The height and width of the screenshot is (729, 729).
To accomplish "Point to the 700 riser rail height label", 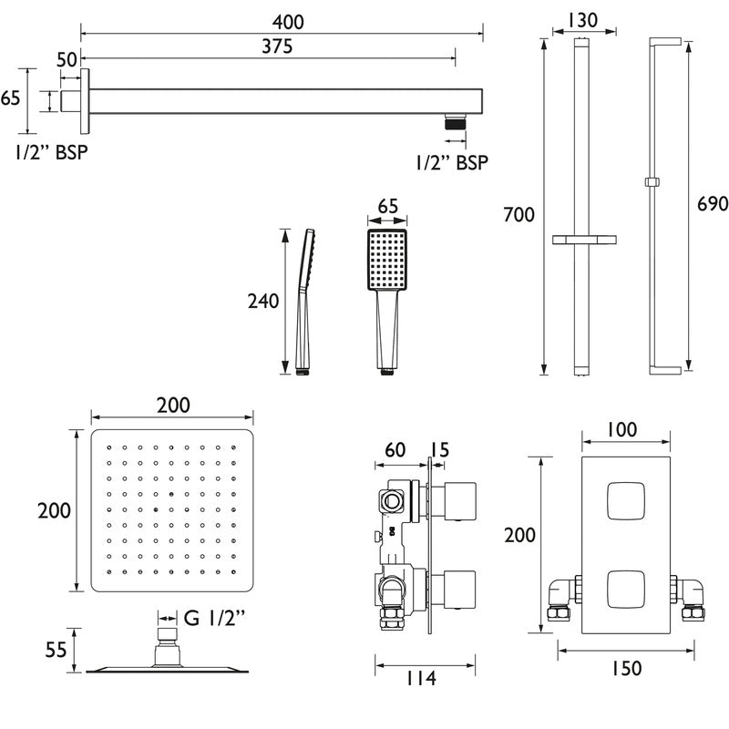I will click(519, 215).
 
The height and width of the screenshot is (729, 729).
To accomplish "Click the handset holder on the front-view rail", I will click(580, 240).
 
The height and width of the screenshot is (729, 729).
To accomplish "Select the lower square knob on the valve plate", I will click(623, 585).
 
